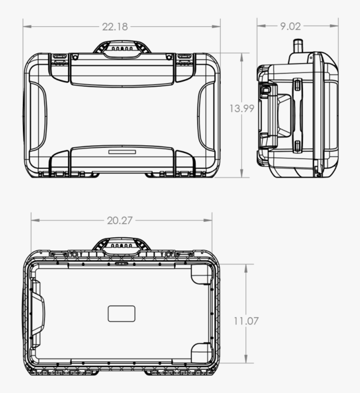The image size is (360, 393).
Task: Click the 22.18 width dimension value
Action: tap(115, 27)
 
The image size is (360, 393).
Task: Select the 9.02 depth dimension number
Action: tap(290, 26)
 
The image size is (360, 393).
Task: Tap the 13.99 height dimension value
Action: tap(242, 108)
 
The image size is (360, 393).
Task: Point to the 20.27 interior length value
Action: tap(120, 221)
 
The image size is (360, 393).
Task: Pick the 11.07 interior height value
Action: tap(246, 321)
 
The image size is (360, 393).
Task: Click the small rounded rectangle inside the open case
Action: tap(121, 313)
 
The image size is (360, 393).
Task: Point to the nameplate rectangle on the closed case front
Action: tap(122, 152)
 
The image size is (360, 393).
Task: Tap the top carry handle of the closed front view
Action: tap(122, 49)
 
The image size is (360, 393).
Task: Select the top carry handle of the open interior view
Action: tap(121, 246)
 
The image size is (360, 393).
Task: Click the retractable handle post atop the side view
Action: tap(298, 46)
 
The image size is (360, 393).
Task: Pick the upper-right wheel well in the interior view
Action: tap(202, 274)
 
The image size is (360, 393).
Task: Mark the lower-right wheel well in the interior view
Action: tap(202, 352)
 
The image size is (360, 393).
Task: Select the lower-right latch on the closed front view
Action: tap(184, 163)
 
